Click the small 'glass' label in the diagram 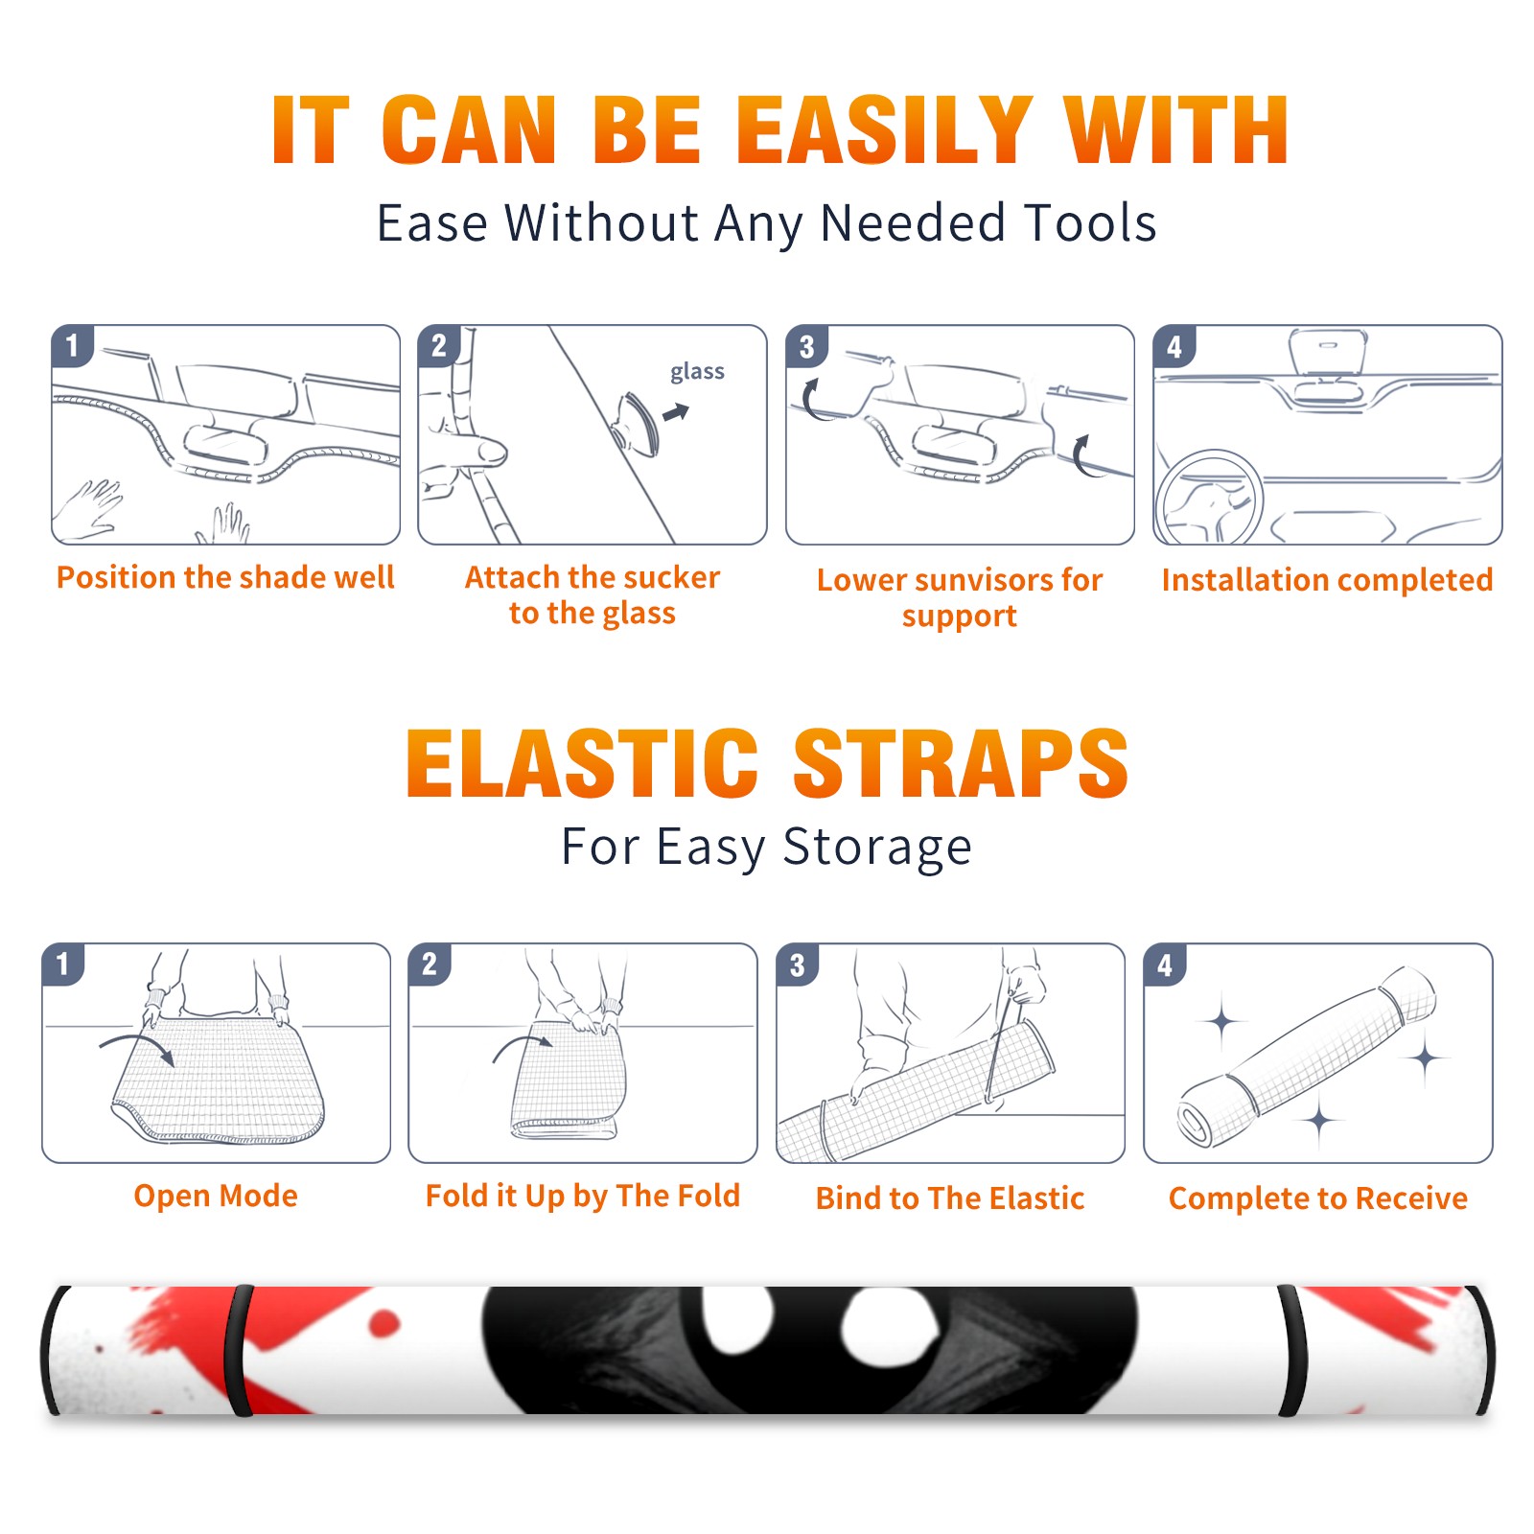[697, 372]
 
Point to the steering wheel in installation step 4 [1209, 498]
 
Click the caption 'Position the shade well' [225, 577]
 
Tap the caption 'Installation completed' [1327, 579]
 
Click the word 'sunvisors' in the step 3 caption [973, 580]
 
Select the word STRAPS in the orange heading [961, 763]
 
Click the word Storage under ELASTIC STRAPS [877, 848]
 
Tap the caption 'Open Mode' [216, 1196]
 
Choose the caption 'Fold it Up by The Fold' [583, 1196]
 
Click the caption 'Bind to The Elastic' [950, 1198]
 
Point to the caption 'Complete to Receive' [1318, 1198]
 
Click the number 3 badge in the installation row [806, 347]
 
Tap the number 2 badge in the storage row [430, 965]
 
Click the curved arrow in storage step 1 [136, 1040]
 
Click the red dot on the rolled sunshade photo [384, 1324]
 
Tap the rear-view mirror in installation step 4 [1328, 351]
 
